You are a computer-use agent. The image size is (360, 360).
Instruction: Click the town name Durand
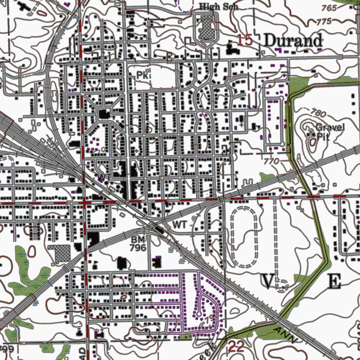point(293,41)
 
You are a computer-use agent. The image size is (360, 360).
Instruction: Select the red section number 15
point(245,40)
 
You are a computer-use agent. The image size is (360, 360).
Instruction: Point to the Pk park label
point(142,75)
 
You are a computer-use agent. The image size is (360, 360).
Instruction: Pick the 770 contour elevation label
point(272,161)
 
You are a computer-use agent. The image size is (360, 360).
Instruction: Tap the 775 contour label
point(324,21)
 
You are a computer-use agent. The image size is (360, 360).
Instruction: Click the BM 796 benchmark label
point(137,244)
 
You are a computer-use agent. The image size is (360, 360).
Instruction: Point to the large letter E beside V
point(334,282)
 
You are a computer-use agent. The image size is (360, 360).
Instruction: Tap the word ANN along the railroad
point(285,335)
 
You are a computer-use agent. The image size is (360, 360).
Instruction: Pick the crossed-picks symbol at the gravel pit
point(311,134)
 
